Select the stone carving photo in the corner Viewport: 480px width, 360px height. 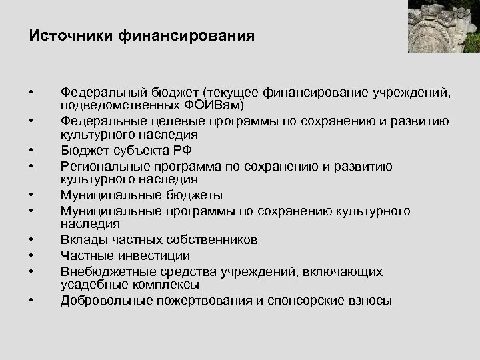click(443, 26)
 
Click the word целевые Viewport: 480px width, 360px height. click(178, 121)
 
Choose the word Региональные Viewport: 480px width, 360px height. click(101, 165)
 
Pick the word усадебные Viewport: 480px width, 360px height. click(93, 285)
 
